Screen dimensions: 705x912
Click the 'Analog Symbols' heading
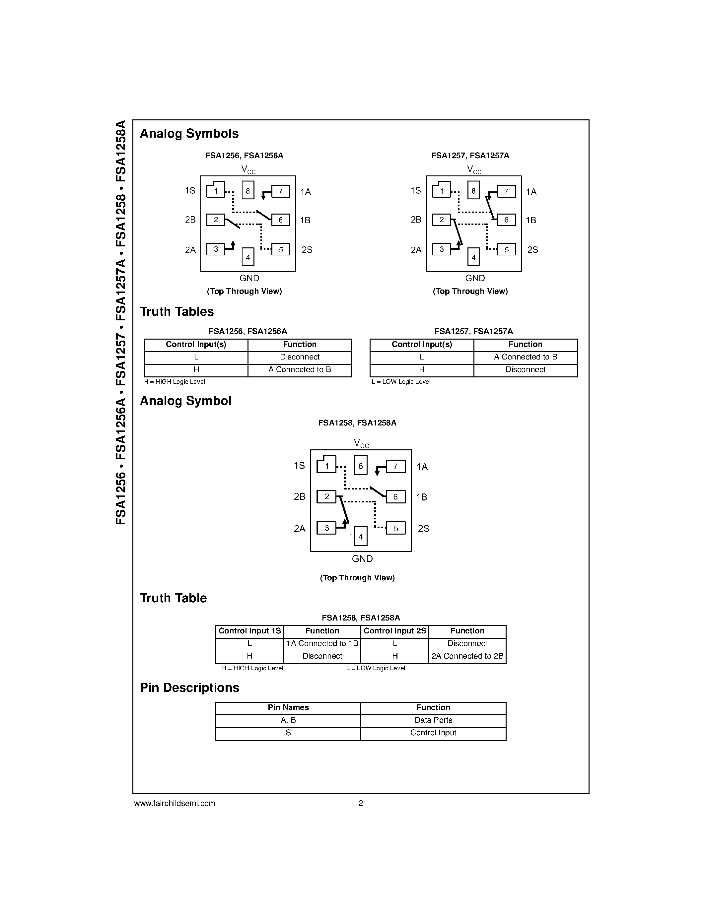click(189, 134)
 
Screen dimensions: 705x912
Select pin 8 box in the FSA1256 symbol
click(248, 190)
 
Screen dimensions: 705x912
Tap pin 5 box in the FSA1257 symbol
click(506, 249)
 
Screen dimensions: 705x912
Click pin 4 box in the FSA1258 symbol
click(361, 537)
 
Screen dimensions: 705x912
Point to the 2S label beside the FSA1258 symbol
click(424, 529)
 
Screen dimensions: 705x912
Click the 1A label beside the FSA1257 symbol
click(531, 192)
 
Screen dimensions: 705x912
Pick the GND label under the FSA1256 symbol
click(249, 278)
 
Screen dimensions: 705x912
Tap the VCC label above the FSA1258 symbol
click(361, 443)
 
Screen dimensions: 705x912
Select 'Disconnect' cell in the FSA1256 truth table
click(300, 357)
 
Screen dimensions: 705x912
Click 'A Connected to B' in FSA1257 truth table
click(526, 357)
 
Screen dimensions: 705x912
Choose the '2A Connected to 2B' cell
click(467, 656)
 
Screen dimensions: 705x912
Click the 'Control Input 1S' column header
click(250, 631)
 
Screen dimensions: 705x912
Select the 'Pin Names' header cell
click(288, 707)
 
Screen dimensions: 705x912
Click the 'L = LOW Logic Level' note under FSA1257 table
click(401, 382)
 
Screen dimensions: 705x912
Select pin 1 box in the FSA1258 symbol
click(326, 464)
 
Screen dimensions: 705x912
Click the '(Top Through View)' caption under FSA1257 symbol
click(470, 292)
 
